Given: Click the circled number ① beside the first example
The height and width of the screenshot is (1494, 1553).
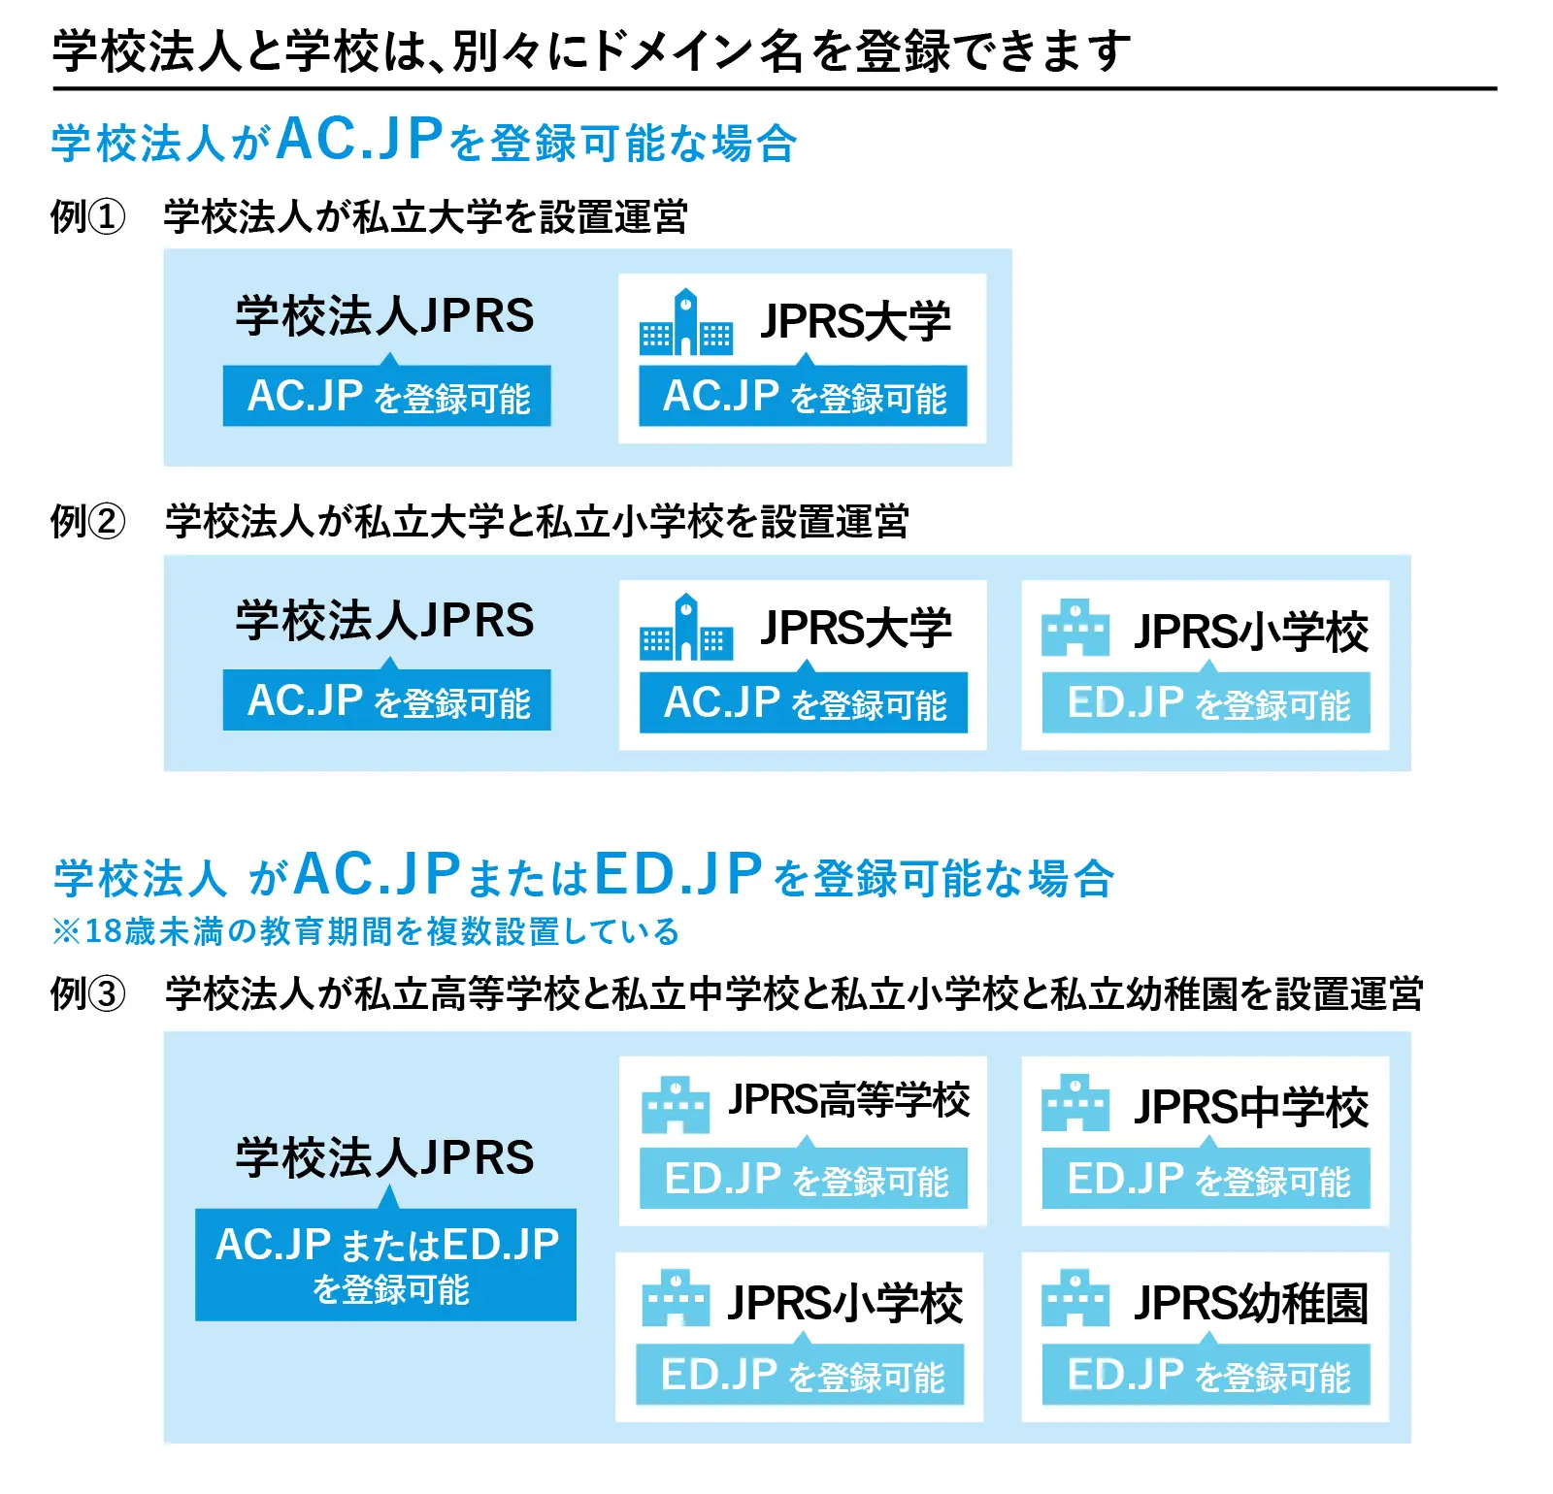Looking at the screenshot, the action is tap(107, 216).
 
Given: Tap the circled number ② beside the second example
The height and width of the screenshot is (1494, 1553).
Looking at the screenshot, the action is tap(107, 521).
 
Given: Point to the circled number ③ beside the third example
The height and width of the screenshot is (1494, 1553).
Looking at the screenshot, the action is tap(107, 993).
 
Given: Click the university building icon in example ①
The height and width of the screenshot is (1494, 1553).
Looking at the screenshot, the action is tap(685, 321).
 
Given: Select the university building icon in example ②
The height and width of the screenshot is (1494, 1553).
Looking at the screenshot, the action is tap(685, 627).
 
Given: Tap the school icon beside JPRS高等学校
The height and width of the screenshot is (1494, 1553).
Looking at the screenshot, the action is tap(676, 1104).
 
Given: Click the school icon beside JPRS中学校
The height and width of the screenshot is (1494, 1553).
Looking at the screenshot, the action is tap(1075, 1103).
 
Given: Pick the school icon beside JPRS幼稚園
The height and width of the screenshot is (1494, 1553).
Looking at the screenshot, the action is tap(1075, 1297).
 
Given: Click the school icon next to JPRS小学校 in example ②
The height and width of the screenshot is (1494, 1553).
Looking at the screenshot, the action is tap(1075, 628).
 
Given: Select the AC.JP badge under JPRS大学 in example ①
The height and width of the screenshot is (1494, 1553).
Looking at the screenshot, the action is tap(804, 395).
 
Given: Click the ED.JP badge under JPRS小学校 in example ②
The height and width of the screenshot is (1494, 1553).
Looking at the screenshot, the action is tap(1206, 702).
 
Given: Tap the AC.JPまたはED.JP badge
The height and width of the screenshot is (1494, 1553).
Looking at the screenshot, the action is tap(386, 1264).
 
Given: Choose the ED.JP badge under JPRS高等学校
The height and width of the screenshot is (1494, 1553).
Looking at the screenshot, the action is tap(804, 1179).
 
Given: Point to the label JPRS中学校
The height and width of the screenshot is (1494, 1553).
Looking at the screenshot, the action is tap(1251, 1106).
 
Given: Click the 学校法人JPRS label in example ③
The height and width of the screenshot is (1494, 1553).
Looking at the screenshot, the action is tap(385, 1157).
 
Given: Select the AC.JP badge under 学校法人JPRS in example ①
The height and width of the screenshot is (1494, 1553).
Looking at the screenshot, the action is tap(387, 395).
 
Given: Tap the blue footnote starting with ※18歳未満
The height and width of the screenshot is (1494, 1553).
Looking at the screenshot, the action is tap(366, 931).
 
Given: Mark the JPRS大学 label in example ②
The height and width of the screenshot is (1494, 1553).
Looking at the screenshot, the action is tap(856, 628).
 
